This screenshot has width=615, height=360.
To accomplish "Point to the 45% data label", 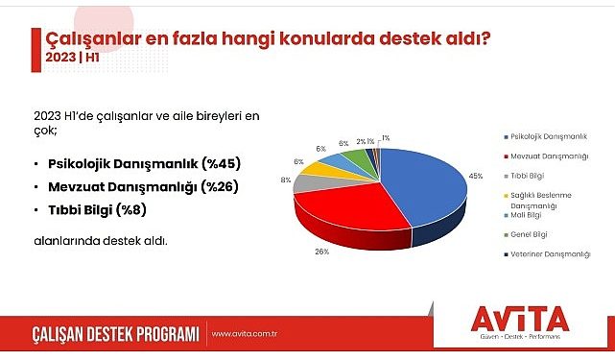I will [447, 176].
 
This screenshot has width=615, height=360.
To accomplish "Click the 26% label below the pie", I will [321, 252].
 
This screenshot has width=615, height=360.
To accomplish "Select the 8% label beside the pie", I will [286, 180].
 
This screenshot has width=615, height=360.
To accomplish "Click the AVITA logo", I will [521, 320].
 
